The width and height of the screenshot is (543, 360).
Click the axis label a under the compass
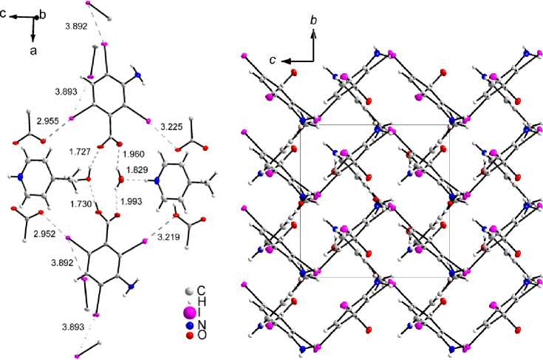pyautogui.click(x=33, y=50)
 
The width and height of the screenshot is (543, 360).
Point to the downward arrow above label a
pyautogui.click(x=33, y=28)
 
